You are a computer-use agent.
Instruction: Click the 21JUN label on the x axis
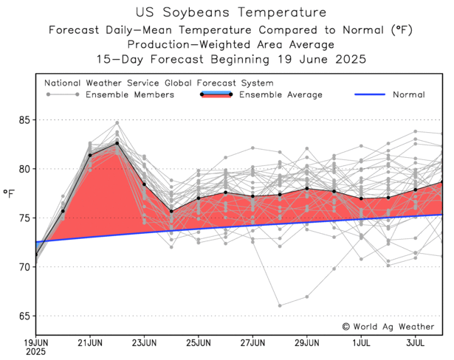coord(90,343)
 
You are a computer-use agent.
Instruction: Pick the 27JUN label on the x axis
coord(252,343)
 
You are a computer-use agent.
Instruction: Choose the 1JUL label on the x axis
coord(362,343)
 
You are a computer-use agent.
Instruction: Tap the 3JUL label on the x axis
coord(416,343)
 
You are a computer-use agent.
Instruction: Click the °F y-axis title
coord(10,193)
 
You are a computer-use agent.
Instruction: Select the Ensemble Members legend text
coord(130,94)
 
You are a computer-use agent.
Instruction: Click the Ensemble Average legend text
coord(281,94)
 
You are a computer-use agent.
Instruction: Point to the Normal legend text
coord(408,94)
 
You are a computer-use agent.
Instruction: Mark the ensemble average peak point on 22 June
coord(117,143)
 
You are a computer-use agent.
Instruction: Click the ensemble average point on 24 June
coord(171,212)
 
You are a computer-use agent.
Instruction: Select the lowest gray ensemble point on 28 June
coord(280,305)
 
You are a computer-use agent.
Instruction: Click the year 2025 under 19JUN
coord(35,352)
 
